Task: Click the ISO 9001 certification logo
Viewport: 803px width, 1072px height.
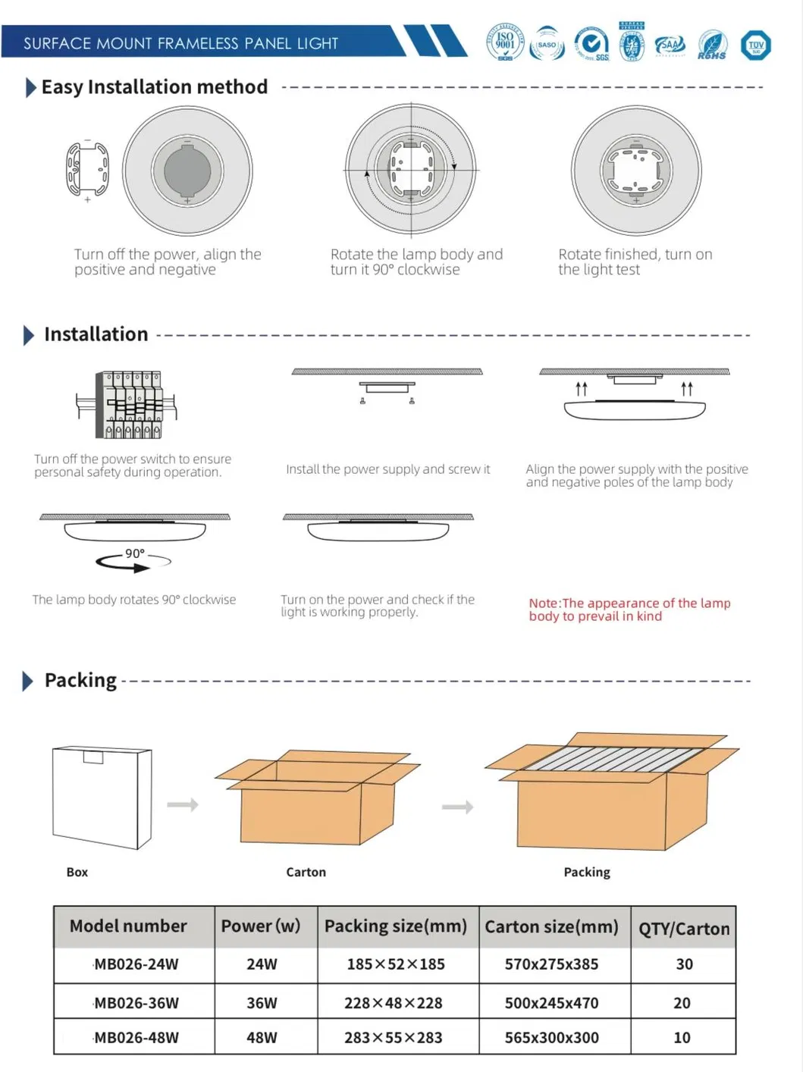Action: click(505, 43)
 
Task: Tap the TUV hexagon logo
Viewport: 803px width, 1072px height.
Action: click(755, 45)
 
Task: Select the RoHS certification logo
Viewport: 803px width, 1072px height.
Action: click(712, 45)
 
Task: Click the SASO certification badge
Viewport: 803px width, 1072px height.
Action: click(547, 44)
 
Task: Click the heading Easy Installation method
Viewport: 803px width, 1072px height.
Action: click(154, 87)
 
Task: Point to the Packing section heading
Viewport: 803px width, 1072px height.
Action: click(80, 680)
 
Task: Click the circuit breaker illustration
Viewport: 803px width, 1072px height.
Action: click(127, 405)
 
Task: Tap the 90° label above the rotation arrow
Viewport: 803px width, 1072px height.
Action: click(135, 553)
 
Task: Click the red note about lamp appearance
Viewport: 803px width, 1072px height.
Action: click(629, 610)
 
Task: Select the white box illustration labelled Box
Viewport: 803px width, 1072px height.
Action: click(102, 798)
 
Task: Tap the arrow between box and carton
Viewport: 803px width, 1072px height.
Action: click(183, 804)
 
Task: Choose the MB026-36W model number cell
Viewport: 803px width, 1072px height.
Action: click(136, 1002)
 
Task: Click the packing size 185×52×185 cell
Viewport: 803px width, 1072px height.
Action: click(396, 964)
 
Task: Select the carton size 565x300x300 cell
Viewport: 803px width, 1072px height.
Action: click(551, 1037)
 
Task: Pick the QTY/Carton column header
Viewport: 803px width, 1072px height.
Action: click(683, 928)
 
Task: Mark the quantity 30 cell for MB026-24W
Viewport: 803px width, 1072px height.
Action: click(684, 964)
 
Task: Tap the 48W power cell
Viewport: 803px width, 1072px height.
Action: click(262, 1037)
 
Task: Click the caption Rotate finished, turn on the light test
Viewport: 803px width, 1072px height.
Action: click(635, 262)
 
